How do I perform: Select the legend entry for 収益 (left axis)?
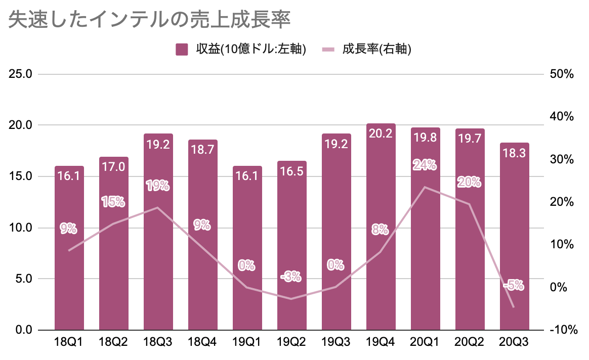tap(241, 49)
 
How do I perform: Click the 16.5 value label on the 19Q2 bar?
tap(291, 171)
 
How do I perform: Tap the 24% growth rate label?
tap(425, 165)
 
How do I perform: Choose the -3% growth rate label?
tap(291, 277)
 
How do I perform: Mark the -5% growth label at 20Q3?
tap(513, 286)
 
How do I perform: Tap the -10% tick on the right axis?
tap(562, 330)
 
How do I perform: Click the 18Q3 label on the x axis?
tap(158, 342)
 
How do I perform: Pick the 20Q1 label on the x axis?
tap(425, 342)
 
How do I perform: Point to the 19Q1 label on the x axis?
tap(247, 342)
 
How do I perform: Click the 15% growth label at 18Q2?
tap(113, 202)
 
